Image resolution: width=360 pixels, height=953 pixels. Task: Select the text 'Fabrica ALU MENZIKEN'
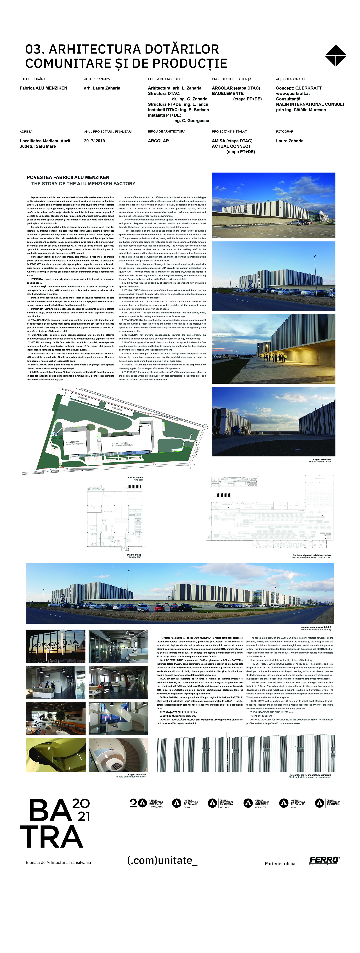point(43,88)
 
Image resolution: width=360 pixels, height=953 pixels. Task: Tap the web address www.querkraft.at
point(293,94)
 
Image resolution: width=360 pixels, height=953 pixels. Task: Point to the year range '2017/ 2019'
point(94,141)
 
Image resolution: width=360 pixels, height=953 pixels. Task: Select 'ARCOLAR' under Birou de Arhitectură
point(158,141)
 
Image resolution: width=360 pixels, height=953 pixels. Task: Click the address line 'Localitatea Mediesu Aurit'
point(45,141)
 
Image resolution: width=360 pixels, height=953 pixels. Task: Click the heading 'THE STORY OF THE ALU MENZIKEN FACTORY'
point(83,184)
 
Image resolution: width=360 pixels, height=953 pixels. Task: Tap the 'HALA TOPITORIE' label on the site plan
point(73,442)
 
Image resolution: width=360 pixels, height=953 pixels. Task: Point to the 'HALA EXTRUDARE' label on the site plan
point(120,443)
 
